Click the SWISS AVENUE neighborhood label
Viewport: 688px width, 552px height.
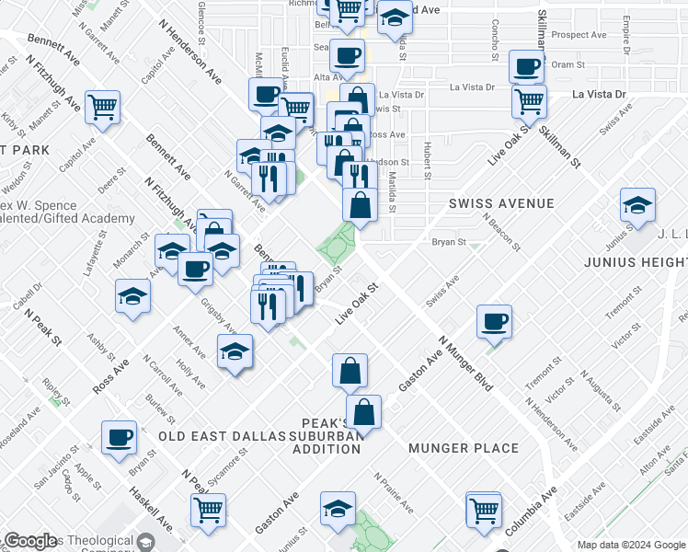501,203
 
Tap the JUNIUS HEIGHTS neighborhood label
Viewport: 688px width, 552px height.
636,262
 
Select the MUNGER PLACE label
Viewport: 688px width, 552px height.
464,448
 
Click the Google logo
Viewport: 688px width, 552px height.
30,541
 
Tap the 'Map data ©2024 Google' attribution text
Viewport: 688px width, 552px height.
632,545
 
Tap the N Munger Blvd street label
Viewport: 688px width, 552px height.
465,362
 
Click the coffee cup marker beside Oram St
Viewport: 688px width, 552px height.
527,66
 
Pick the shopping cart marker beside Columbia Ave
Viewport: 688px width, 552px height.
485,508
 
